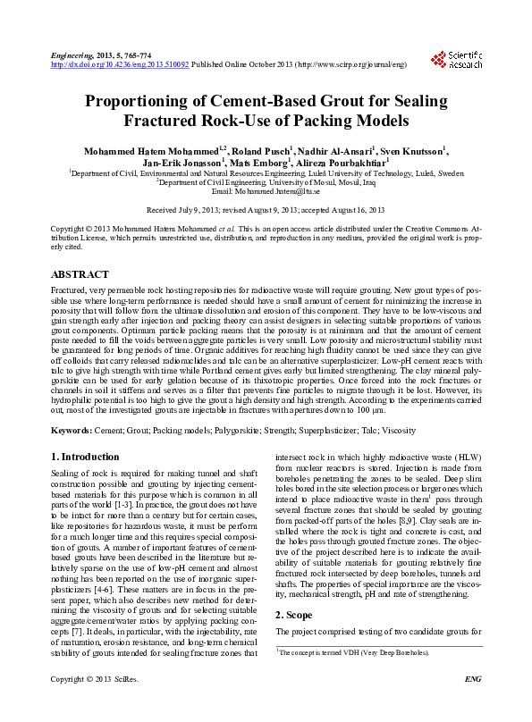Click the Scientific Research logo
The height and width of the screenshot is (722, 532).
tap(457, 59)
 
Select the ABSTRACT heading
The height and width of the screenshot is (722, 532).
tap(80, 274)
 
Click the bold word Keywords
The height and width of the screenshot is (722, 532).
tap(71, 431)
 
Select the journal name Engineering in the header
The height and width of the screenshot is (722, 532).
tap(72, 55)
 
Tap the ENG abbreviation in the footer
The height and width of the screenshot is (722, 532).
tap(474, 705)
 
